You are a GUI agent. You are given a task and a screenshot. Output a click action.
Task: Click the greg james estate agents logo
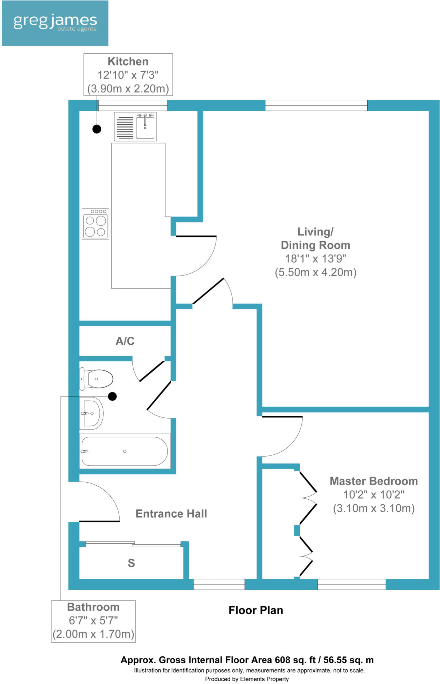(x=55, y=23)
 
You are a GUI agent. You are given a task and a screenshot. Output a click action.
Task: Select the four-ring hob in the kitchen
(x=95, y=224)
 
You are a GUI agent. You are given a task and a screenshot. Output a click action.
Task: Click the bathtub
(x=125, y=451)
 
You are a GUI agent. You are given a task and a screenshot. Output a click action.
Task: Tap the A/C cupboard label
(x=125, y=341)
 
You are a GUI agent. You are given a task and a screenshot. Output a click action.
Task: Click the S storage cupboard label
(x=131, y=563)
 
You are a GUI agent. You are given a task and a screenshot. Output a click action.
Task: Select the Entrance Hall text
(x=171, y=514)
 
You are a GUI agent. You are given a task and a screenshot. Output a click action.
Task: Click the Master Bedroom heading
(x=374, y=481)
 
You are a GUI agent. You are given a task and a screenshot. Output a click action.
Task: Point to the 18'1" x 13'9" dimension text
(x=315, y=259)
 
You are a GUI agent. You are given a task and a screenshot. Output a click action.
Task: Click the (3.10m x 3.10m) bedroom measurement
(x=374, y=508)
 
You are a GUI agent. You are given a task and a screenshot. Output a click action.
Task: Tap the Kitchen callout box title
(x=128, y=61)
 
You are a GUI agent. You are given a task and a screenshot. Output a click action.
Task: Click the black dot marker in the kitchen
(x=97, y=129)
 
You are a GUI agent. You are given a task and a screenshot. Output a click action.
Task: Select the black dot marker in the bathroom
(x=112, y=396)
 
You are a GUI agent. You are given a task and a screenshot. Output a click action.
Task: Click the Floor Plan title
(x=256, y=611)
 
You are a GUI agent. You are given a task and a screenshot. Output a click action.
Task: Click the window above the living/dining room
(x=316, y=105)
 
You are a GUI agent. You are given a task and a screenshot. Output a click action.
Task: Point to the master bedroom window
(x=351, y=584)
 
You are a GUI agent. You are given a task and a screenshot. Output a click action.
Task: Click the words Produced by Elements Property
(x=247, y=679)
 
